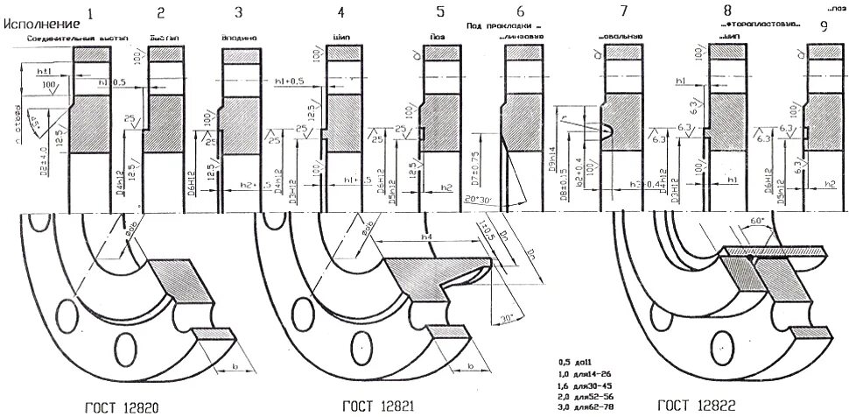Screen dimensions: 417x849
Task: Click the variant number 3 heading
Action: [238, 12]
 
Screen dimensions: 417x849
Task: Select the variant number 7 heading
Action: [623, 12]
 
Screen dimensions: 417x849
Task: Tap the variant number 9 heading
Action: [824, 25]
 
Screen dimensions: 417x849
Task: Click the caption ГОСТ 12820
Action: [121, 406]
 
